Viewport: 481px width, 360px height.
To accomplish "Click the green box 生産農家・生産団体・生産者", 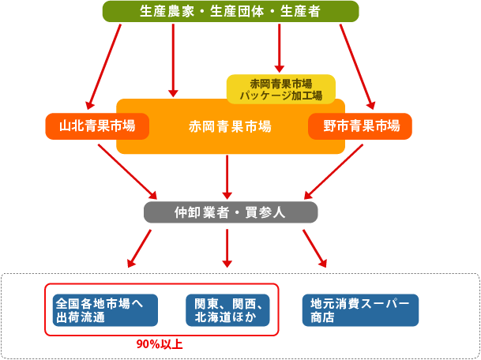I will (x=231, y=11).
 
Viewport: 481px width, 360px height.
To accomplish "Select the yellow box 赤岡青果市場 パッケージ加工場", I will (x=281, y=89).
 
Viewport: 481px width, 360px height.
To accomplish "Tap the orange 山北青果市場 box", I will (x=97, y=126).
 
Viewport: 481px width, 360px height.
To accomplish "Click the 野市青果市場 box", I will (x=360, y=126).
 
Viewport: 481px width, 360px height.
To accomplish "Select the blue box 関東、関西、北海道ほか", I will (x=229, y=310).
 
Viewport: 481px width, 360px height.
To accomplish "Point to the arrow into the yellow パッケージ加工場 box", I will (x=279, y=47).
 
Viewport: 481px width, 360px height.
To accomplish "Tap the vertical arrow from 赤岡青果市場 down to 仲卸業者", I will (x=228, y=175).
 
